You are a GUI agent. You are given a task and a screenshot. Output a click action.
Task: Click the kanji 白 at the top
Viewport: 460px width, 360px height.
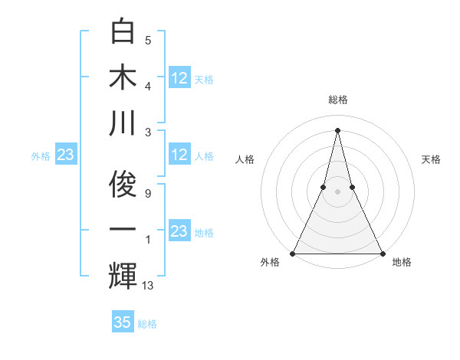point(123,32)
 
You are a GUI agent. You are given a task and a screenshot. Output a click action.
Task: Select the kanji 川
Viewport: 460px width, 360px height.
point(123,123)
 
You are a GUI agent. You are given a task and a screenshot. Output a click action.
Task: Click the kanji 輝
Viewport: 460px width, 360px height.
point(123,277)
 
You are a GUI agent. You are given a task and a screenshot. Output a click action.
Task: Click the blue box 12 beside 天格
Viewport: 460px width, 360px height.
point(179,77)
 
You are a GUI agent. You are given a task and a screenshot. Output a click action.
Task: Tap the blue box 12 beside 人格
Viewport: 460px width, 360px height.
point(179,155)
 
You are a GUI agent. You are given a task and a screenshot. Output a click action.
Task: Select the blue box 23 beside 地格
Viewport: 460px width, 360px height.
point(179,231)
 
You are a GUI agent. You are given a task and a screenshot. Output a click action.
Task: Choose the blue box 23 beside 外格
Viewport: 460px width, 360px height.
point(66,155)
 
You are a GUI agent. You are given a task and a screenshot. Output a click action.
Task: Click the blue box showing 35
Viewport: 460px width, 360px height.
point(123,322)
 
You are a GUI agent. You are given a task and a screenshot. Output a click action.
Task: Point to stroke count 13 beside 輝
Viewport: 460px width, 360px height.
point(148,286)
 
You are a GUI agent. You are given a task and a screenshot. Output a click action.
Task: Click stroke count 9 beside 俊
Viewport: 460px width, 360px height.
point(148,194)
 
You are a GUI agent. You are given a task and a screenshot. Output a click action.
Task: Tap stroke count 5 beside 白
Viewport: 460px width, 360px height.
point(148,41)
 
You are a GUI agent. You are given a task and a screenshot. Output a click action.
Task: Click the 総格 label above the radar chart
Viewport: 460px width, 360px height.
point(337,100)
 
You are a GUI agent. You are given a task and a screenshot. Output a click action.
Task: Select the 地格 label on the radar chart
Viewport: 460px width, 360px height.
point(402,263)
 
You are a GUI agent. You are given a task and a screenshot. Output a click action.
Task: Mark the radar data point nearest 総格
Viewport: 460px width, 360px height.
point(337,129)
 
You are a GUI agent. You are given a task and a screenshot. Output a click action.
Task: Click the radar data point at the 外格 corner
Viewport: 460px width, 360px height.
point(293,253)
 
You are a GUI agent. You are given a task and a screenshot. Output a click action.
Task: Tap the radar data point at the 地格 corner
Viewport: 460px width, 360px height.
point(382,253)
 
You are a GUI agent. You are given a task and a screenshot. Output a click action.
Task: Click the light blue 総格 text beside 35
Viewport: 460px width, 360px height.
point(147,324)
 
